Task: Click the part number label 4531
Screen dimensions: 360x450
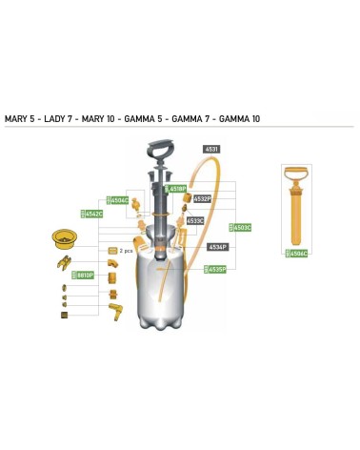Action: (211, 150)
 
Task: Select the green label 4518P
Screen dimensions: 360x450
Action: (178, 189)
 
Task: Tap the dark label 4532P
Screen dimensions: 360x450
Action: (202, 198)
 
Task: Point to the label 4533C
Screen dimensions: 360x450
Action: (195, 220)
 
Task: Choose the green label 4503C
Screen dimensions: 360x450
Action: (242, 228)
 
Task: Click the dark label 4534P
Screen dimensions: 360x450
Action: (218, 247)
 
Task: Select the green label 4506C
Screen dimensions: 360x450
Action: (298, 253)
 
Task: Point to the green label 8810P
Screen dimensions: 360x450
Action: (84, 275)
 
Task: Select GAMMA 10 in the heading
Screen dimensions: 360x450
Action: (239, 119)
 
